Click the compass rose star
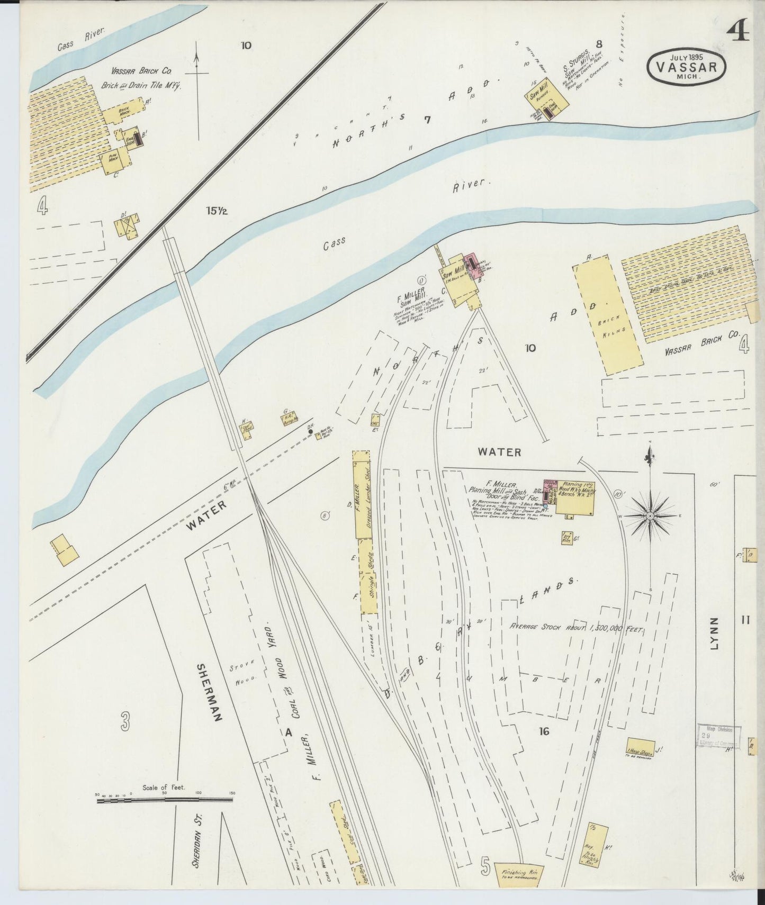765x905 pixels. point(650,515)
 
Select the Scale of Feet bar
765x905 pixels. point(165,800)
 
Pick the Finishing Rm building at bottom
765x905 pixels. point(519,874)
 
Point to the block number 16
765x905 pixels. point(544,731)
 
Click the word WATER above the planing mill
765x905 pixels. point(499,452)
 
